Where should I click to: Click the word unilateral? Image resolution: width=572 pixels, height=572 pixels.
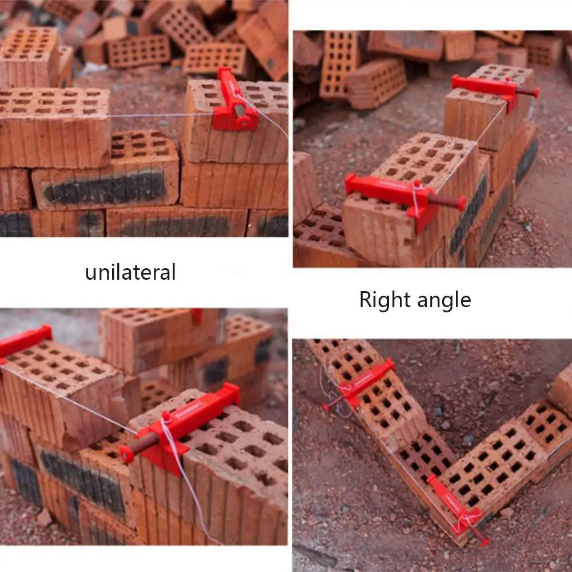coord(130,272)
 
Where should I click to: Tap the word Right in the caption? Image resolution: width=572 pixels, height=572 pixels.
coord(382,299)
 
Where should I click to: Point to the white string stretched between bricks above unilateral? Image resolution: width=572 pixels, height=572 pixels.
coord(160,115)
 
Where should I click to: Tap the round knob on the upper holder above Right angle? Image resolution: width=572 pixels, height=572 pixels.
coord(535,92)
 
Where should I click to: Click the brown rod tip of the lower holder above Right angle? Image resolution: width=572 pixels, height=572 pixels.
coord(461,202)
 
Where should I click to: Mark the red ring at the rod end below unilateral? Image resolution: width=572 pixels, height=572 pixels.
coord(126,454)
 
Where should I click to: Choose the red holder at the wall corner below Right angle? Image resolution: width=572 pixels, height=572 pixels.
coord(455,509)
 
